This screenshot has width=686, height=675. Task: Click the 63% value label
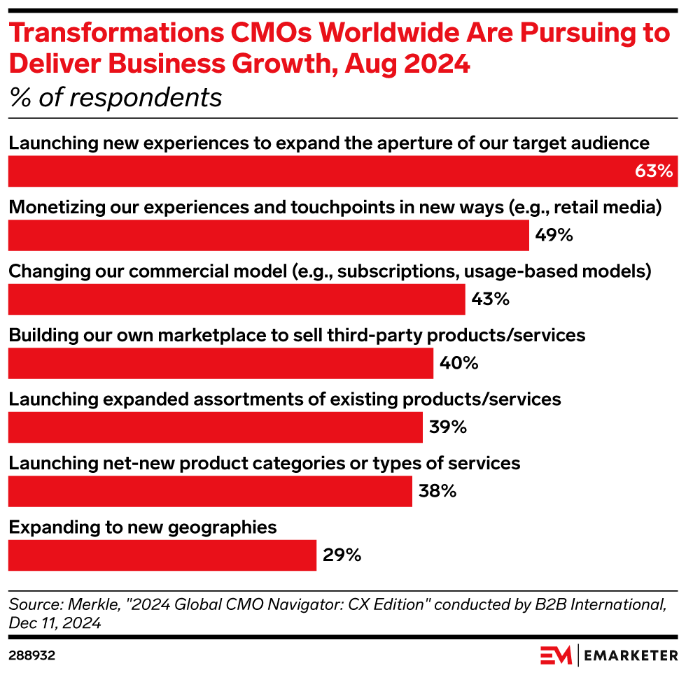tap(653, 171)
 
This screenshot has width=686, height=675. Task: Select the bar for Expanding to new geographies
tap(162, 555)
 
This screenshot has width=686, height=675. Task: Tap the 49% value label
tap(554, 235)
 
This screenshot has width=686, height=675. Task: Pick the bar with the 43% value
tap(236, 299)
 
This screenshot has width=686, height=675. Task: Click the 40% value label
tap(458, 363)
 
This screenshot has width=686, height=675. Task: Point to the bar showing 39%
tap(215, 427)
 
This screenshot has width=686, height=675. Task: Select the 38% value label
tap(437, 491)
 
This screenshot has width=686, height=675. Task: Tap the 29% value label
tap(342, 555)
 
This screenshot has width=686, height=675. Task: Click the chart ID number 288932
tap(32, 655)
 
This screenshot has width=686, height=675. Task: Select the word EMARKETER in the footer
tap(630, 655)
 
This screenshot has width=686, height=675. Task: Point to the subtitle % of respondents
tap(115, 98)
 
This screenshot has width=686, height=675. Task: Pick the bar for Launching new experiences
tap(315, 171)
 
